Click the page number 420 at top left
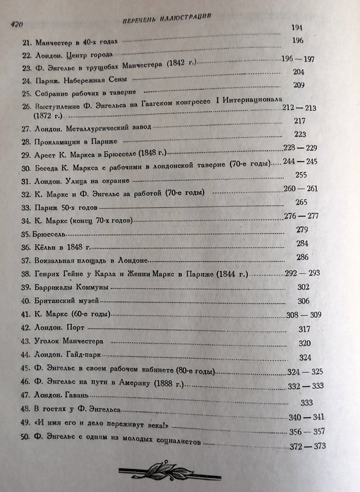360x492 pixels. pos(14,24)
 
